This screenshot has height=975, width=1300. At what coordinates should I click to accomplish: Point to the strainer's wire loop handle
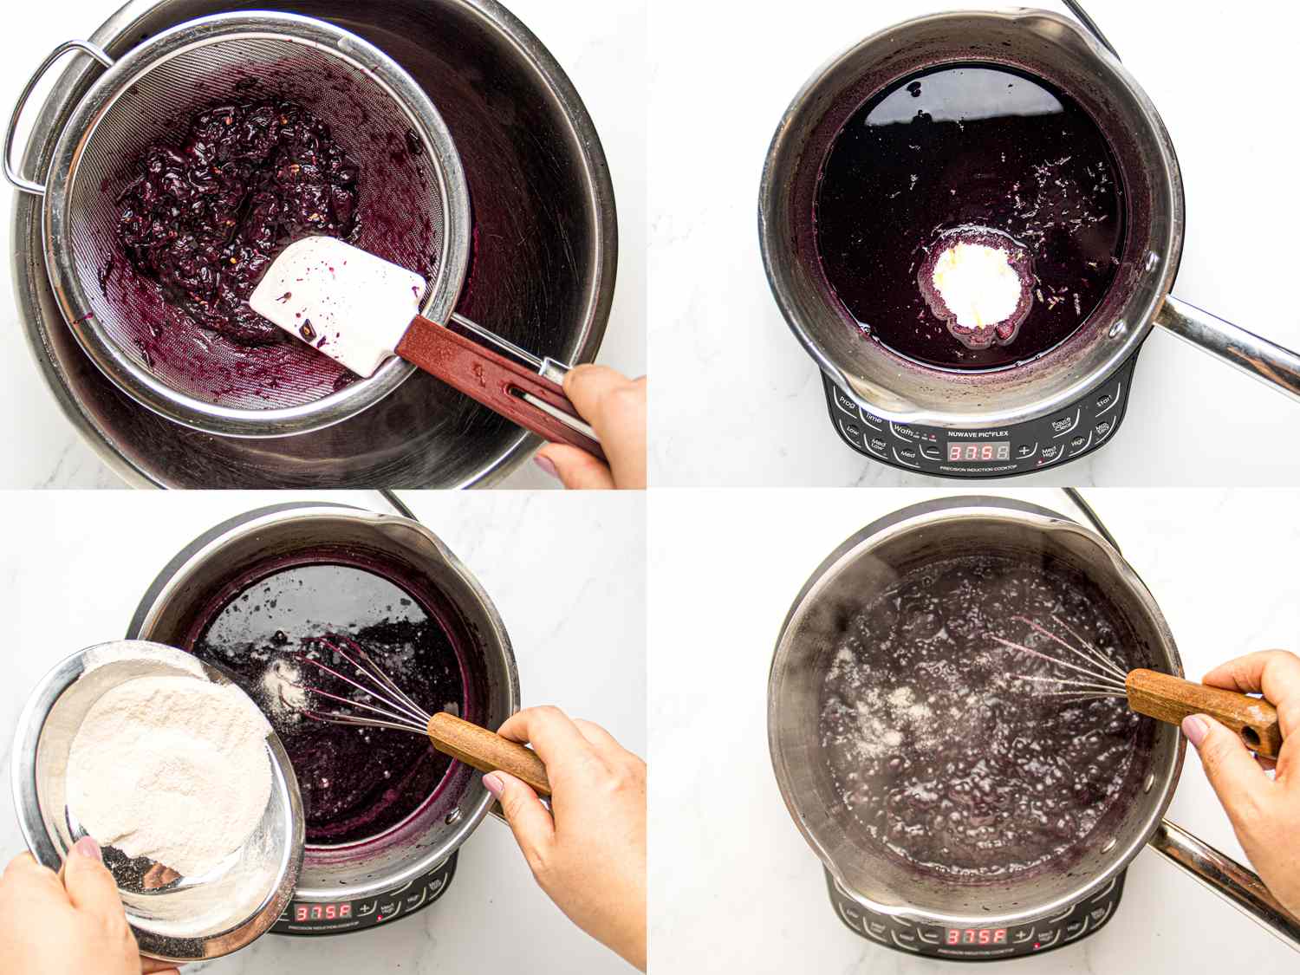point(35,121)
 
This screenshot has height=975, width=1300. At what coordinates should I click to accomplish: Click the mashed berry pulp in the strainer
point(234,199)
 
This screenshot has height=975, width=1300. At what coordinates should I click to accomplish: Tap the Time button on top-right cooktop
point(873,419)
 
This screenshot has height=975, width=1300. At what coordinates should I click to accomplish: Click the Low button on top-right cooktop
point(853,431)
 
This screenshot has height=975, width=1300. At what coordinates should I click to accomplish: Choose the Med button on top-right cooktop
point(907,454)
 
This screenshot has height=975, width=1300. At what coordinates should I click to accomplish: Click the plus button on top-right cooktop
point(1024,451)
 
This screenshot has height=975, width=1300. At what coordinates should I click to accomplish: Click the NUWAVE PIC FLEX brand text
point(979,433)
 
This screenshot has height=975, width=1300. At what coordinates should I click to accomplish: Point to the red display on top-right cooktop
point(978,452)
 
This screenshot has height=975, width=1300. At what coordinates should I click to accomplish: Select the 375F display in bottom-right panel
point(976,936)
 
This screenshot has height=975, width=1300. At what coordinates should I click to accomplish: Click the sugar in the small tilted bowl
point(165,763)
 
